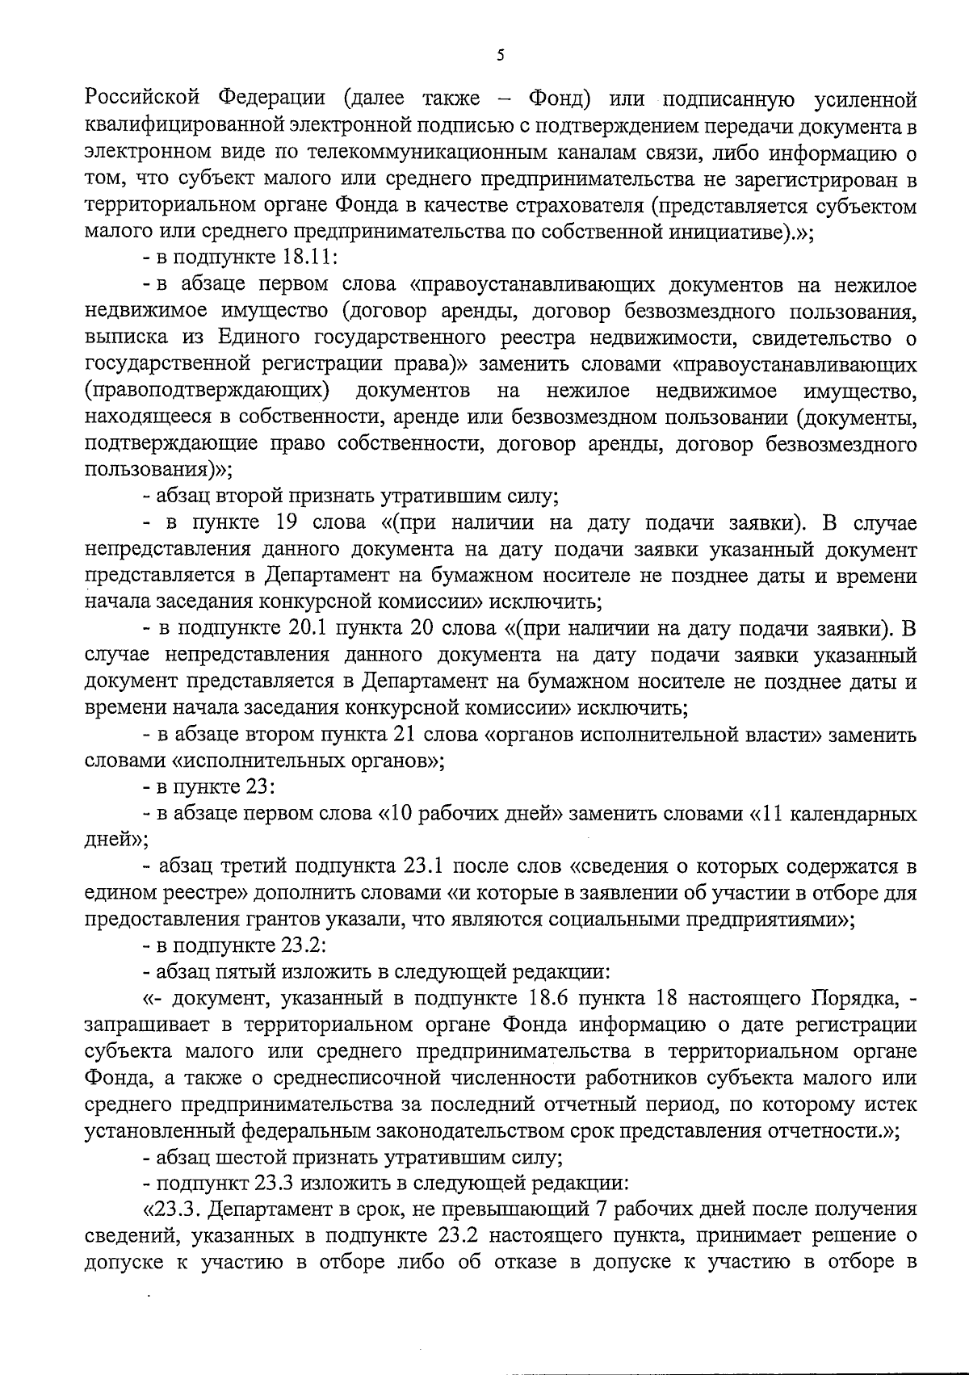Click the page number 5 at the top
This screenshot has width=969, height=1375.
pos(500,56)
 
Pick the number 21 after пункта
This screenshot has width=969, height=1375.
pos(402,736)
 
